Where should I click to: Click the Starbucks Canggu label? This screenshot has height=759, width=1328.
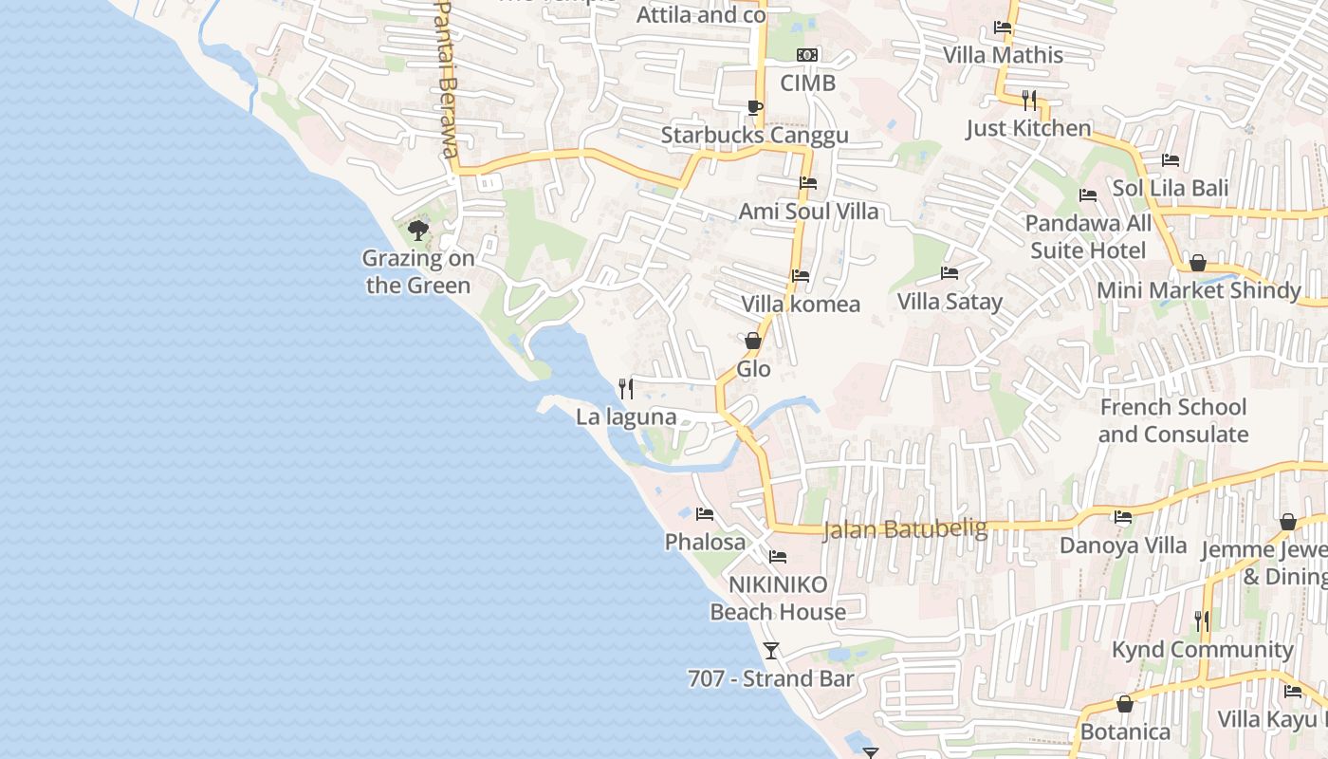point(754,135)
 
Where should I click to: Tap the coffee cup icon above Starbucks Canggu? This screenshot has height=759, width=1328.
point(754,107)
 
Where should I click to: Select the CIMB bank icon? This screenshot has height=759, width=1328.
point(807,55)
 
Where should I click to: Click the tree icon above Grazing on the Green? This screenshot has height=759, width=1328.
point(417,230)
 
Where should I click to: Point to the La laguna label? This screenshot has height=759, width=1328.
point(626,417)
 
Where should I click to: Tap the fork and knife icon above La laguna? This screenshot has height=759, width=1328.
point(626,388)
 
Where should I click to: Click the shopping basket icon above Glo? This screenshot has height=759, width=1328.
point(753,340)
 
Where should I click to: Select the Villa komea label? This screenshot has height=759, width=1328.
point(801,304)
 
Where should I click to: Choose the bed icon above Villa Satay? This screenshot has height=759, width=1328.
point(949,273)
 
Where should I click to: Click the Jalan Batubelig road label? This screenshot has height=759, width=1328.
point(905,528)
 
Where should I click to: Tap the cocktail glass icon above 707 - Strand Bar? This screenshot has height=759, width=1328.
point(771,650)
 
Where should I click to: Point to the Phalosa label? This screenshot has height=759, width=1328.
point(705,542)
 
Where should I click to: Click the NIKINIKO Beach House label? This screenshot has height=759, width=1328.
point(778,598)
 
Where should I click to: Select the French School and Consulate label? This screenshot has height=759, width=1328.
point(1173,420)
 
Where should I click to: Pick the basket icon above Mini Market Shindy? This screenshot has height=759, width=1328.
point(1198,263)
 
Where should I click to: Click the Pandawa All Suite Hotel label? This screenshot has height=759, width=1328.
point(1088,237)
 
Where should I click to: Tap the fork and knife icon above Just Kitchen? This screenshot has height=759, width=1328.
point(1029,100)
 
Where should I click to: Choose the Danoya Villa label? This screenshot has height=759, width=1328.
point(1123,546)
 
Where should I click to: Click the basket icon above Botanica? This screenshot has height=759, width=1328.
point(1124,704)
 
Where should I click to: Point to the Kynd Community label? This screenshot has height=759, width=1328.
point(1202,650)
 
